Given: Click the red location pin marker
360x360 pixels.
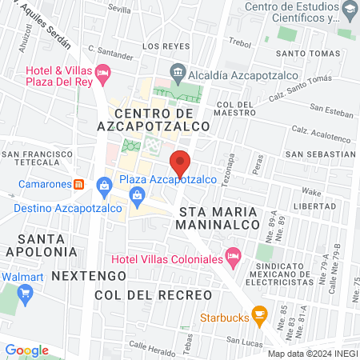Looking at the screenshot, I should [x=181, y=162].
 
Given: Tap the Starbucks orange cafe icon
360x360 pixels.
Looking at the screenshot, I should [x=258, y=314].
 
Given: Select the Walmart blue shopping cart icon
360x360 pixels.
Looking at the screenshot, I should [x=25, y=292].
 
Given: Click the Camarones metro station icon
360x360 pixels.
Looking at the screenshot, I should [x=78, y=183].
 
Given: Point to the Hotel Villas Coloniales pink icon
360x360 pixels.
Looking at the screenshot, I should [x=233, y=259].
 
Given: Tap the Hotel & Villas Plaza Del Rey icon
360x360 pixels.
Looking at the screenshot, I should [x=102, y=74].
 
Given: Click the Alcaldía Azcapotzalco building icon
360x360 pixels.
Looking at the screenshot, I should [x=178, y=70].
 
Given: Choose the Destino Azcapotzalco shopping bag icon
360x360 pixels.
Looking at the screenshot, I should [x=103, y=186].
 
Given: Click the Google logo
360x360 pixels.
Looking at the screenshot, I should [x=26, y=350].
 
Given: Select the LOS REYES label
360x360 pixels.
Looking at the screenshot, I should [x=165, y=46].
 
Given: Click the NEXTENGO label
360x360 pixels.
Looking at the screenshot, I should [x=89, y=275].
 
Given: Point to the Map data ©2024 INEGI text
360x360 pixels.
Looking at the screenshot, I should [x=311, y=354].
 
